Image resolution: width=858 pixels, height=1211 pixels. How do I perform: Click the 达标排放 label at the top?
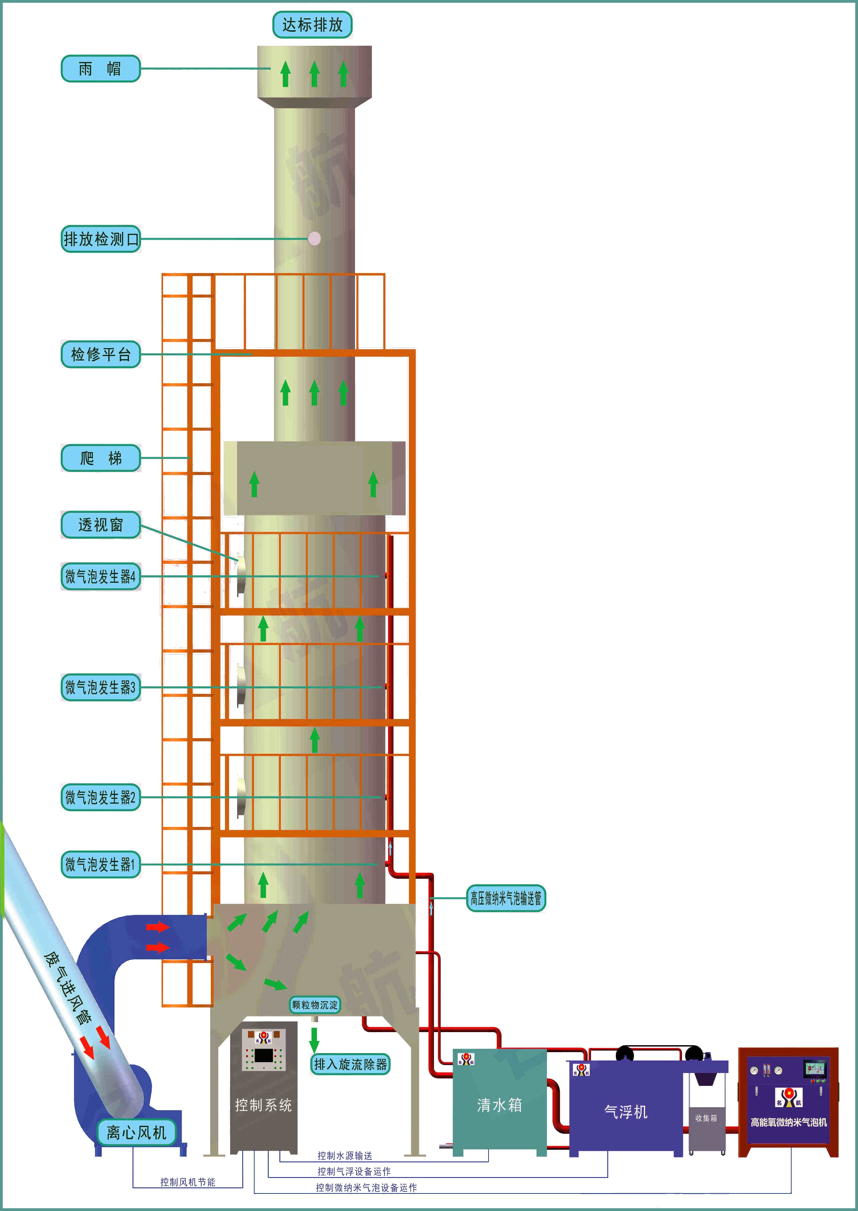click(x=312, y=25)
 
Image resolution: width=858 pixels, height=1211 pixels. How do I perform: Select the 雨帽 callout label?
click(x=100, y=69)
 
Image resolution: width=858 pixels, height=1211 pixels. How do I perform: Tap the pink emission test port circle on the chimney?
click(x=314, y=239)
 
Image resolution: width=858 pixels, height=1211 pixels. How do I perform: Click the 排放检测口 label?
click(x=100, y=239)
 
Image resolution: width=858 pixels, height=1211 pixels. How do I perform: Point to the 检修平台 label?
click(x=100, y=354)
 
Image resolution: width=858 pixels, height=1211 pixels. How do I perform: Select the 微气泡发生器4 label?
click(x=100, y=577)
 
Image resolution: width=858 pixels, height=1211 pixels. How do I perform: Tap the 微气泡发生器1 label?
click(x=100, y=865)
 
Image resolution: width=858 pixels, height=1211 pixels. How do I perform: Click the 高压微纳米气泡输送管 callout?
click(x=506, y=898)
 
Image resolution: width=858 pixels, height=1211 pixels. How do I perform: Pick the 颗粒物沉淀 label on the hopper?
click(x=314, y=1005)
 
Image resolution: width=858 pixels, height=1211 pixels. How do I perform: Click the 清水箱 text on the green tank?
click(x=499, y=1105)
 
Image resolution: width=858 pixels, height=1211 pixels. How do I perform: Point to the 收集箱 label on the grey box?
click(x=706, y=1118)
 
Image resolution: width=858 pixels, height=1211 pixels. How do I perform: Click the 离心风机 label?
click(x=136, y=1132)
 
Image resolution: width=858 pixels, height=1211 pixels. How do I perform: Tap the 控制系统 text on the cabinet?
click(x=263, y=1105)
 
